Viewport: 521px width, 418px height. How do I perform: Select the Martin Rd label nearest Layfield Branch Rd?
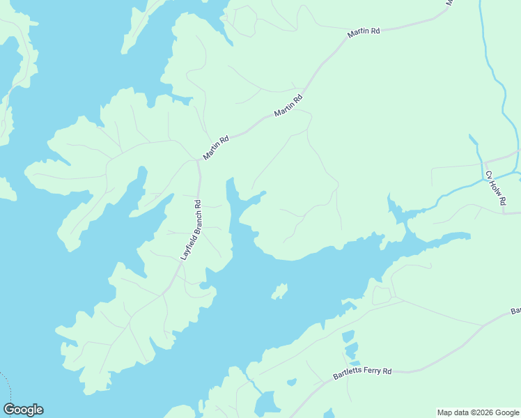(216, 148)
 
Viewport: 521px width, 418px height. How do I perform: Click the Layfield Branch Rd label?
(191, 231)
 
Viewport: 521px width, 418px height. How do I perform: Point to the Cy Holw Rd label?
(495, 188)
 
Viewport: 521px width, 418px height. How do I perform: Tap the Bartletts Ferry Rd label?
(361, 373)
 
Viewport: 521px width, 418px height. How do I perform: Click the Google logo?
(23, 410)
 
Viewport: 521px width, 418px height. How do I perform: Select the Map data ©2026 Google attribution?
(478, 412)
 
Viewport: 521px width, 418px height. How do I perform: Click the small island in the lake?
(279, 291)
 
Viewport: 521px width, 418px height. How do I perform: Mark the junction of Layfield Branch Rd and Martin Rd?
(198, 162)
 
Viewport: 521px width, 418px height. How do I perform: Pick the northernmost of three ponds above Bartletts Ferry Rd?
(348, 336)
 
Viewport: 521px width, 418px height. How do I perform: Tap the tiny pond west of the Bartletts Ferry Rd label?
(292, 382)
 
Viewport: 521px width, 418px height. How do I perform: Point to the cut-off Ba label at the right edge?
(516, 311)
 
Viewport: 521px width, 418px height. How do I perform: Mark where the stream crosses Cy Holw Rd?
(483, 179)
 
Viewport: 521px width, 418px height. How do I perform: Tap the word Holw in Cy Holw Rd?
(495, 187)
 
